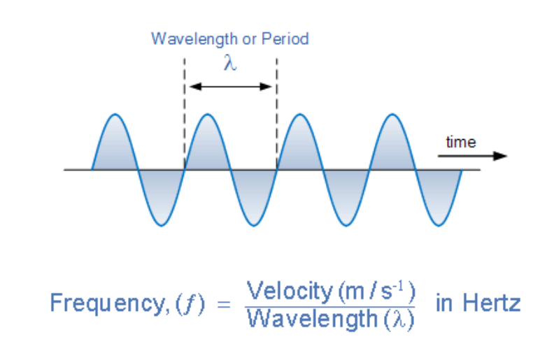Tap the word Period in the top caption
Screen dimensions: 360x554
coord(285,38)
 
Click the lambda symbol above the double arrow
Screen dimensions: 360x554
coord(230,63)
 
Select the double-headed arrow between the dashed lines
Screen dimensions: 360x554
coord(230,87)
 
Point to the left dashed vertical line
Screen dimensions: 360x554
coord(184,112)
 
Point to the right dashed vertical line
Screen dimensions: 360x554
coord(277,112)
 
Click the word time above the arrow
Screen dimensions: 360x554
coord(461,143)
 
